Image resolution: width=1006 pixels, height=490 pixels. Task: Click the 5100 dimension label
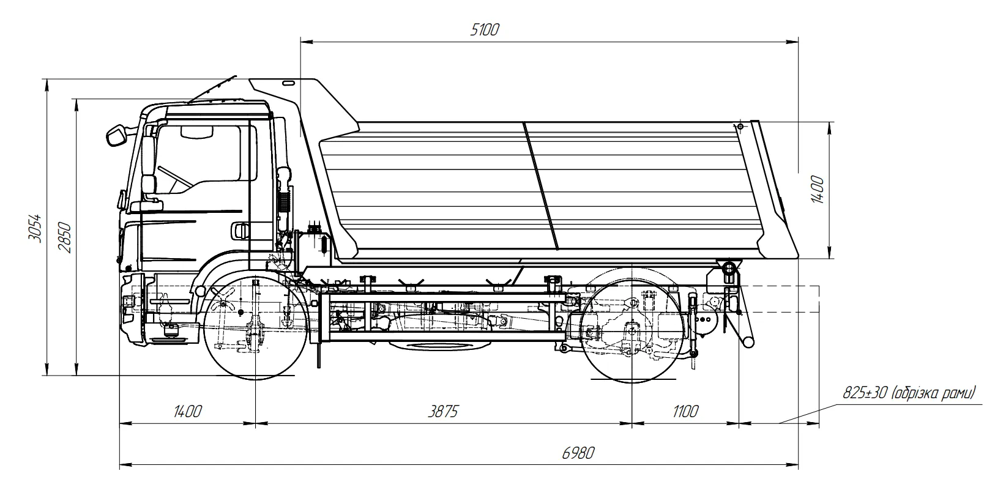(485, 29)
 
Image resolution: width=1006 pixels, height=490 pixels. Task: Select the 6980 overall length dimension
(578, 453)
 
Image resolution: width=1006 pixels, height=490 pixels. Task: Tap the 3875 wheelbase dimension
(442, 411)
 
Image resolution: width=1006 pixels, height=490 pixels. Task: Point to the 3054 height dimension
(35, 228)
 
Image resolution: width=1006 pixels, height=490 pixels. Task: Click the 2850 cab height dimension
(65, 236)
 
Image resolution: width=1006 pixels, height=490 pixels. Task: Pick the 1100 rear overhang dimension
(684, 411)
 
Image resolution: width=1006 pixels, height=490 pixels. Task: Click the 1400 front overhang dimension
(187, 411)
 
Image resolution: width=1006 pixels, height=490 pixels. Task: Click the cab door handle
(239, 230)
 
